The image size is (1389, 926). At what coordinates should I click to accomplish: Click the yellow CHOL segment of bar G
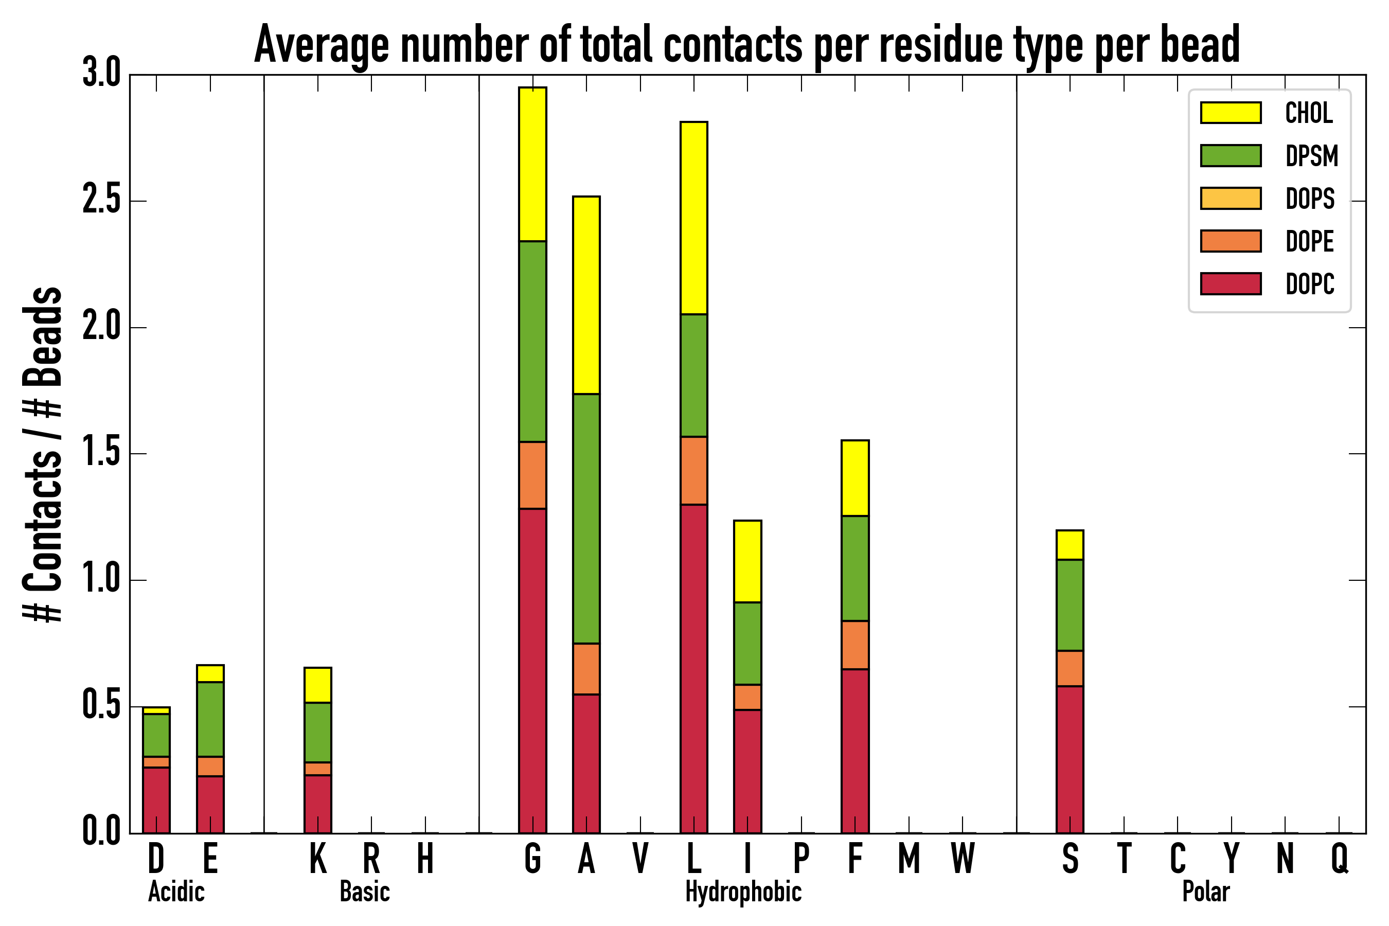pyautogui.click(x=532, y=164)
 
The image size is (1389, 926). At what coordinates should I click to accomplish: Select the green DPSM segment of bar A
pyautogui.click(x=586, y=519)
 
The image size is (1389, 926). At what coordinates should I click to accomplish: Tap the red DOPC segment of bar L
pyautogui.click(x=693, y=668)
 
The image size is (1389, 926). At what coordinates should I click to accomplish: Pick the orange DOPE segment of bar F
pyautogui.click(x=854, y=645)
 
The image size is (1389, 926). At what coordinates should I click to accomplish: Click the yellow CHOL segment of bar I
pyautogui.click(x=747, y=561)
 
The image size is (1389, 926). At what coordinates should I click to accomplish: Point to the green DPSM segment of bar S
pyautogui.click(x=1070, y=605)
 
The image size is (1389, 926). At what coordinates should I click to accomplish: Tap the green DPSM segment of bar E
pyautogui.click(x=210, y=719)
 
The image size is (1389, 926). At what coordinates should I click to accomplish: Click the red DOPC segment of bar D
pyautogui.click(x=156, y=800)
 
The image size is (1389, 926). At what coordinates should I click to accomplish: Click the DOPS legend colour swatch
pyautogui.click(x=1231, y=198)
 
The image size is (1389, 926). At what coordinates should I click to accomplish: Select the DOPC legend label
pyautogui.click(x=1309, y=284)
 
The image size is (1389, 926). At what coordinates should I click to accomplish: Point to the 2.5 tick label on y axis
pyautogui.click(x=101, y=201)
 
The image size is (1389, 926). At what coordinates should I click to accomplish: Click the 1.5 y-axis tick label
pyautogui.click(x=101, y=454)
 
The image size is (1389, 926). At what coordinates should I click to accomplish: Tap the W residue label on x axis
pyautogui.click(x=962, y=858)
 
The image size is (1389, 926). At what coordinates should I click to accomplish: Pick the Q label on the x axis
pyautogui.click(x=1339, y=858)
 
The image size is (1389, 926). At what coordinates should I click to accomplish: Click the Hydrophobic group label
pyautogui.click(x=743, y=892)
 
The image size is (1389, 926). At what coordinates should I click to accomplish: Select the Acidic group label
pyautogui.click(x=176, y=892)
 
